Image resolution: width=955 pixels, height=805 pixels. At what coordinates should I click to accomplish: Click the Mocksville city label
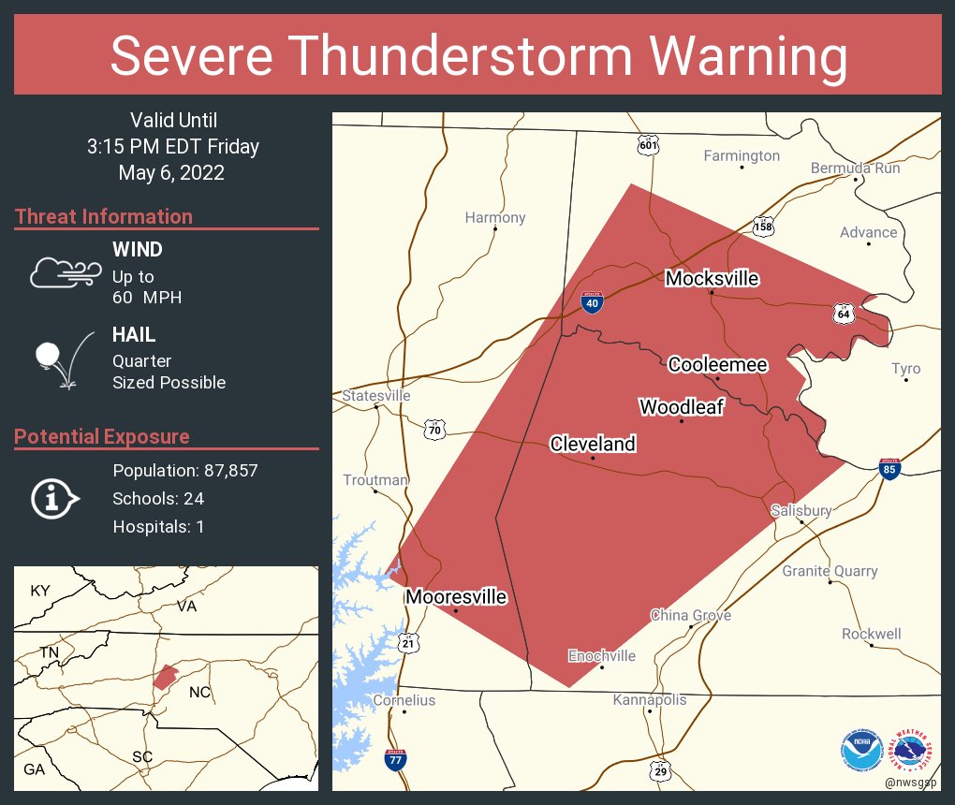coord(712,278)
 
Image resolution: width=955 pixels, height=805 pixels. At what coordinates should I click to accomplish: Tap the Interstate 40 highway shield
coord(593,302)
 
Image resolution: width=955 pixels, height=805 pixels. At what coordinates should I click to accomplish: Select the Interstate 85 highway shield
coord(889,469)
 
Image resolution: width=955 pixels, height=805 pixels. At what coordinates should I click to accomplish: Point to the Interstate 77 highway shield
coord(396,759)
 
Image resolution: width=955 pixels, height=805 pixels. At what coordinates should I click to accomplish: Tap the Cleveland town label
coord(593,444)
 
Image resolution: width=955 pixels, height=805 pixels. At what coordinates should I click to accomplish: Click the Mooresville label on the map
coord(456,596)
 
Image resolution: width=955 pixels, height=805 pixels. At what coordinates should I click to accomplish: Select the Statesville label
coord(376,396)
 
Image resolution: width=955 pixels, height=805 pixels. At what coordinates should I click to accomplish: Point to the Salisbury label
coord(801,510)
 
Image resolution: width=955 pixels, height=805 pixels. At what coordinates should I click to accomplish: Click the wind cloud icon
coord(65,272)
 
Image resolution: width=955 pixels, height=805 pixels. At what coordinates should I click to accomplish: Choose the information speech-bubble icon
coord(54,499)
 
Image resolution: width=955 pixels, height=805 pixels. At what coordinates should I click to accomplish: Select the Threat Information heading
coord(104,217)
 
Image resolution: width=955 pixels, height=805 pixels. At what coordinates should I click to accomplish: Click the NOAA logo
coord(861,751)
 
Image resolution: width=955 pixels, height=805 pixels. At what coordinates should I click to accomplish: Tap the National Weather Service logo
coord(912,751)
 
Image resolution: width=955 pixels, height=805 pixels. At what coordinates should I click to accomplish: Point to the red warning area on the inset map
coord(165,676)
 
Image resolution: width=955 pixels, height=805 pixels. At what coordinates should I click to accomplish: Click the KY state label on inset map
coord(40,591)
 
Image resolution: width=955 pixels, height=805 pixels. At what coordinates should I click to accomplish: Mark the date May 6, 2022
coord(171,173)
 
